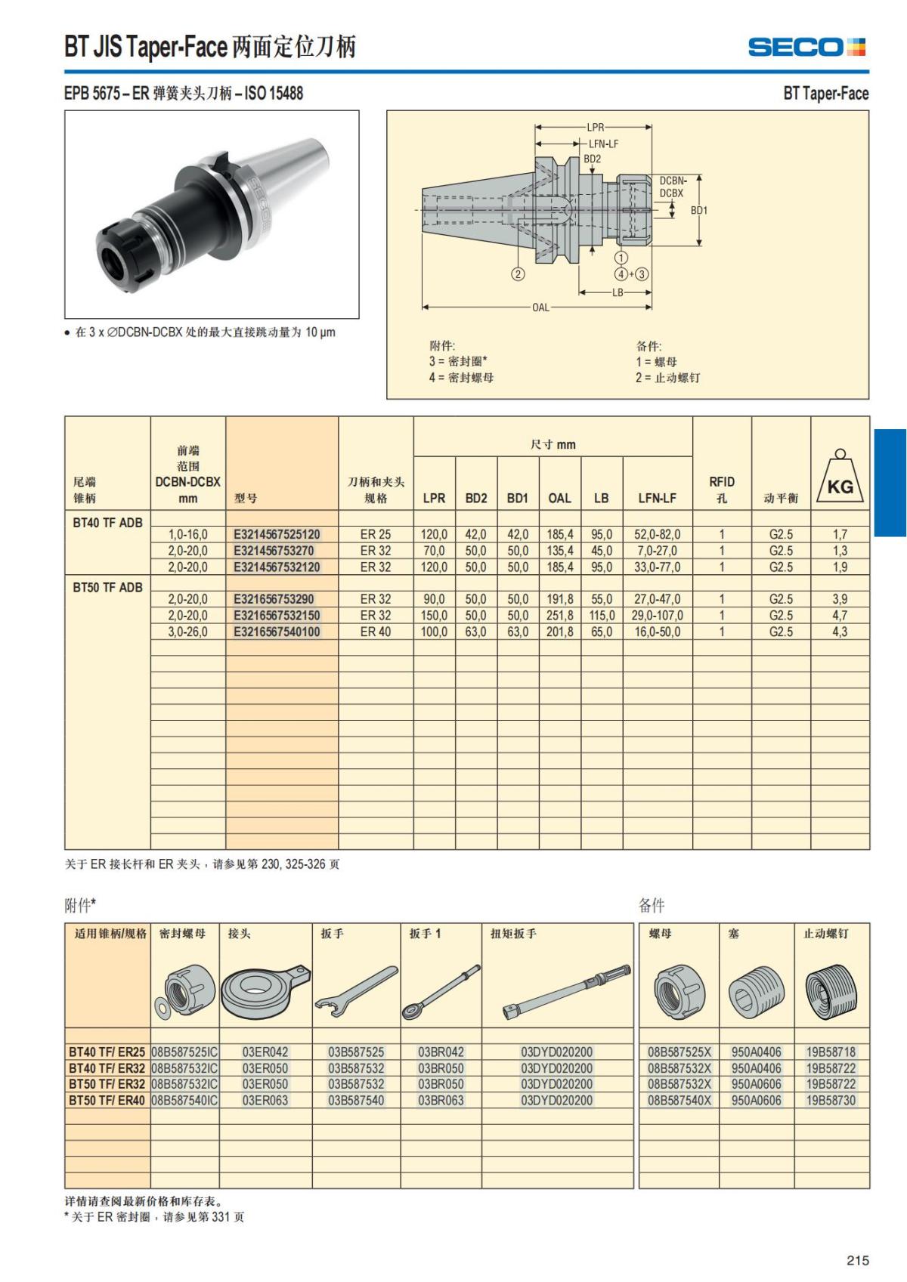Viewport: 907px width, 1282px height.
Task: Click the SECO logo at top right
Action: [806, 47]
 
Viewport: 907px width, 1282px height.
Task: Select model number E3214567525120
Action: [277, 534]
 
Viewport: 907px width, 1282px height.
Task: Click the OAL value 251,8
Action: [559, 616]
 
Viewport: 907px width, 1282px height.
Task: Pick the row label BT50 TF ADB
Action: [107, 587]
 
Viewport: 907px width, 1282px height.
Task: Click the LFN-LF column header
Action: [657, 498]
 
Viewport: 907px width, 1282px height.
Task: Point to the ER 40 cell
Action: [375, 632]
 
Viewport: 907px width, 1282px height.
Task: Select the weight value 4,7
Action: [840, 616]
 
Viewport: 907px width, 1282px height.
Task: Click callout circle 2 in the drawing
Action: [518, 274]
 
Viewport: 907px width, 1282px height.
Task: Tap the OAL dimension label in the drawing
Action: [540, 307]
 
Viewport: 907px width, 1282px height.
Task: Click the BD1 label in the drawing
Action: [699, 210]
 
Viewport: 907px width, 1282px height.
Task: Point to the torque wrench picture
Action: [565, 991]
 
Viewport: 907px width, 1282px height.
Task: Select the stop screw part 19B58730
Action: [831, 1100]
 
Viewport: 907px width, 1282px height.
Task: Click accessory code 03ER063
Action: [265, 1100]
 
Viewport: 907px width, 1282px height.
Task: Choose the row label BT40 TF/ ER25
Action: [107, 1052]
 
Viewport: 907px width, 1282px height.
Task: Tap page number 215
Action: [857, 1260]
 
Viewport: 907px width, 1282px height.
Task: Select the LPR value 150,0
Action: [434, 616]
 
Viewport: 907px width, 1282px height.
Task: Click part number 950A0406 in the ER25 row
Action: [756, 1052]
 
